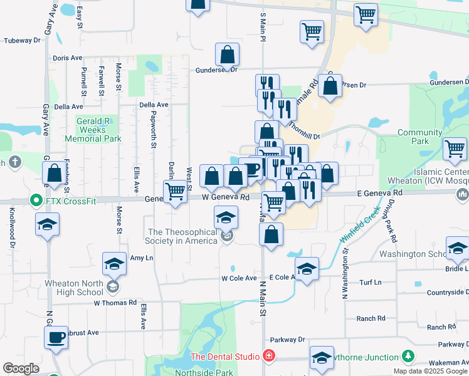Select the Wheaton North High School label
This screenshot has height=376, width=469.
click(74, 288)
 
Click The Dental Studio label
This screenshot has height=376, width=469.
click(224, 357)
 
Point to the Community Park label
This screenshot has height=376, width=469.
click(419, 137)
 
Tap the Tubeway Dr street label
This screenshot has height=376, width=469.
click(22, 40)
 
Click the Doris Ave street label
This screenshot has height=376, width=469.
click(68, 58)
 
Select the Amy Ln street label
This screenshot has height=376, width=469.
click(141, 258)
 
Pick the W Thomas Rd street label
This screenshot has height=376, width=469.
click(115, 302)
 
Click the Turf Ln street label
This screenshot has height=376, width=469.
click(369, 282)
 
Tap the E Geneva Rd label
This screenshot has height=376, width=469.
click(380, 194)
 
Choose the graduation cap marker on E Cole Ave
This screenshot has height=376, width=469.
click(307, 269)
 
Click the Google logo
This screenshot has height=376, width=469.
click(21, 368)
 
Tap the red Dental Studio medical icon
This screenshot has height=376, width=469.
click(268, 357)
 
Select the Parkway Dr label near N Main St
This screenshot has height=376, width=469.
click(292, 340)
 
